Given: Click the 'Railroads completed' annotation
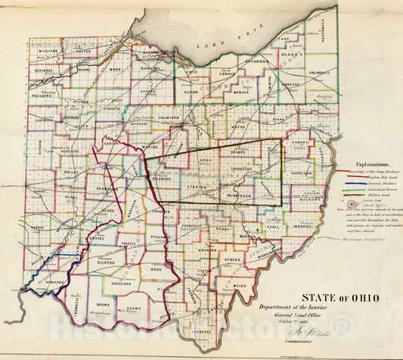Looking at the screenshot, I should click(365, 236).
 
